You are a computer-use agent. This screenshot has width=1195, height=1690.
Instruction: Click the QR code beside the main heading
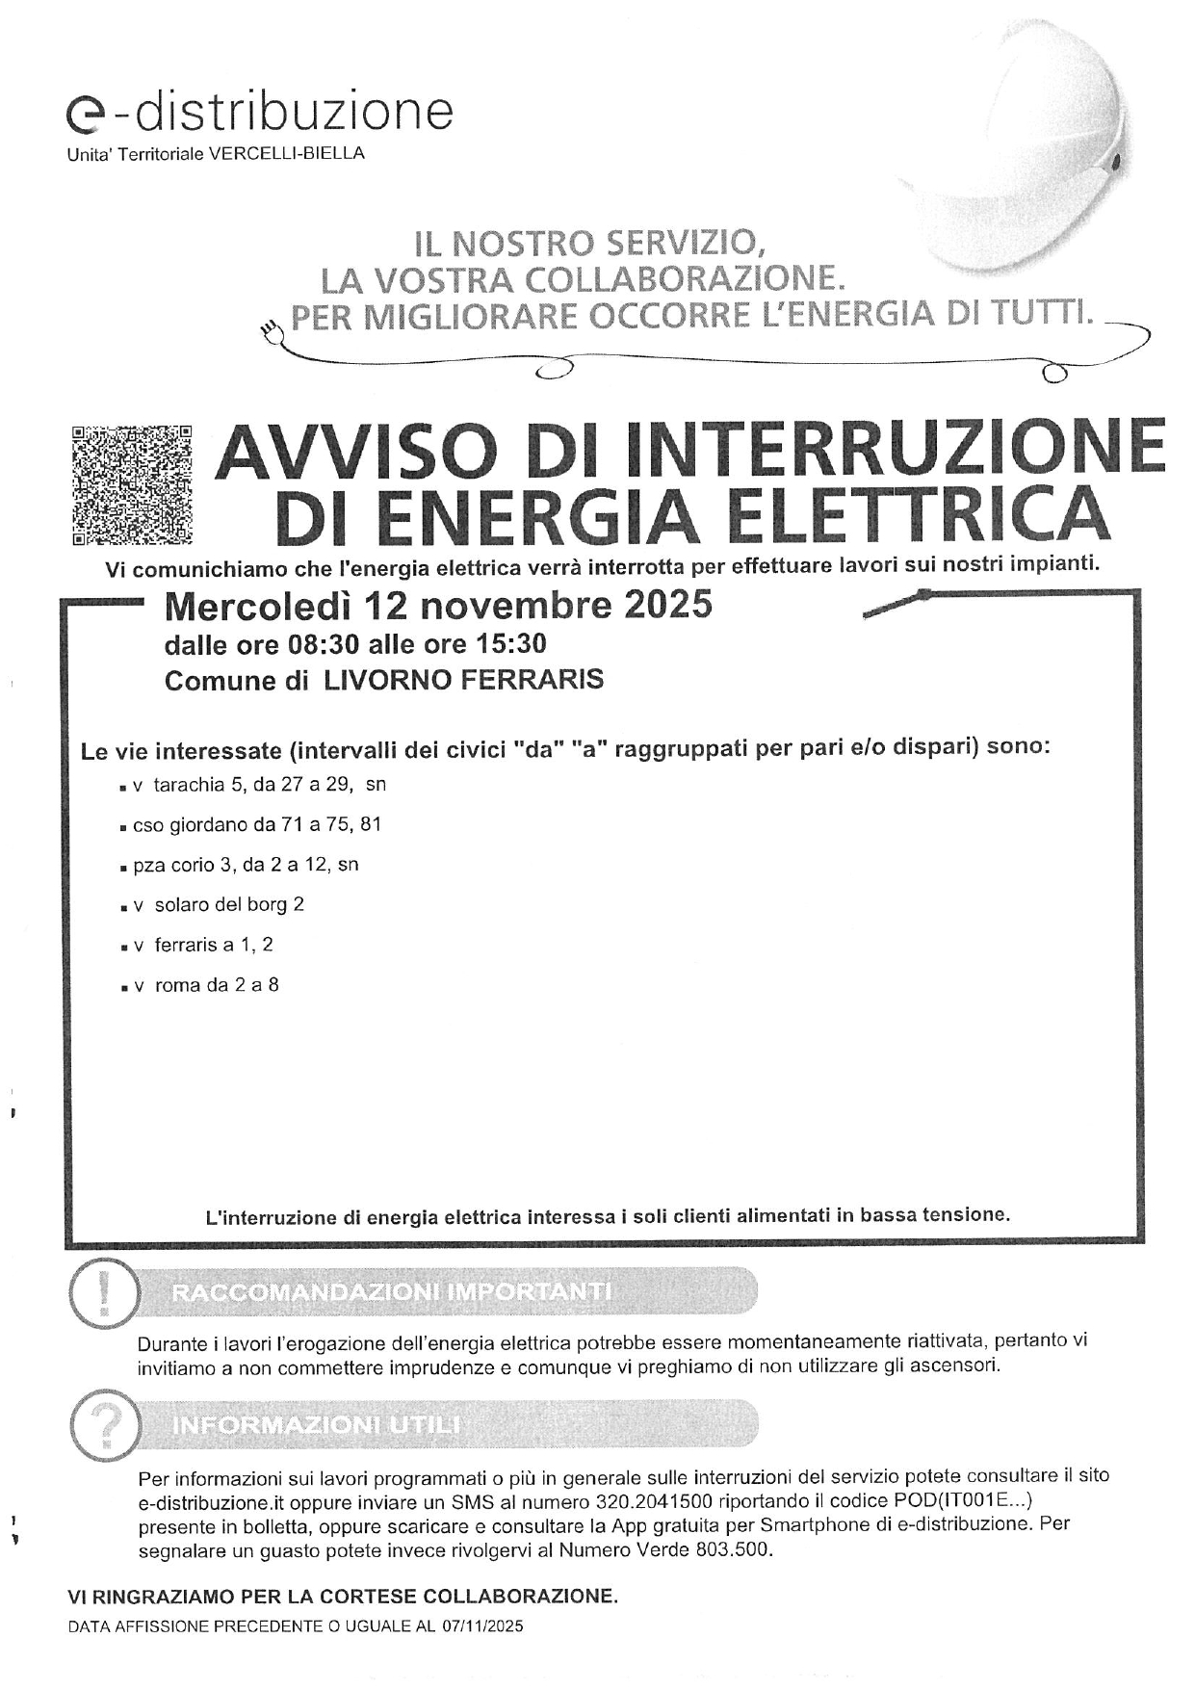[x=131, y=483]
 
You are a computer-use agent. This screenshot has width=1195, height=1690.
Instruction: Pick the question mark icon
[x=103, y=1425]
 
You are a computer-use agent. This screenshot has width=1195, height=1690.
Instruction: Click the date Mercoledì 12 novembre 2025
[x=438, y=606]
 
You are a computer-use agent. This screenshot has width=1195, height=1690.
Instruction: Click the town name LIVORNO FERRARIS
[x=463, y=680]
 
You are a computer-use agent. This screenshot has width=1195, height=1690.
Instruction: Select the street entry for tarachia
[x=260, y=785]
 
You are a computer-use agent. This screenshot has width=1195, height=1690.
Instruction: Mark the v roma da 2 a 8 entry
[x=207, y=986]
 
